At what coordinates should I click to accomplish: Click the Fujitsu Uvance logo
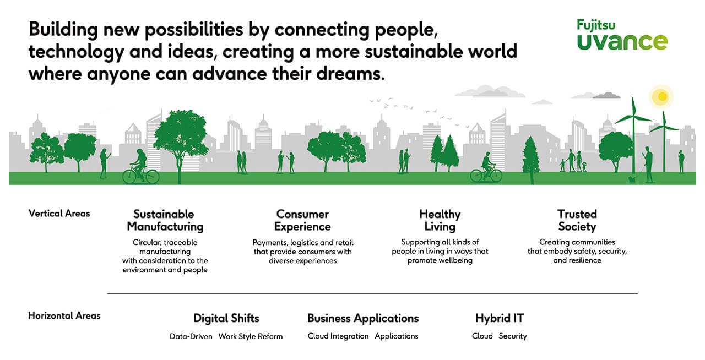point(622,35)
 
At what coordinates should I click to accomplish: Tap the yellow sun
point(662,96)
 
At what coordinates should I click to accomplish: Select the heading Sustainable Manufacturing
point(165,220)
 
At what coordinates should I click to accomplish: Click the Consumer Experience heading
point(302,220)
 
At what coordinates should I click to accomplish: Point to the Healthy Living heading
point(440,220)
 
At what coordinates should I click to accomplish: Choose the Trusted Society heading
point(577,220)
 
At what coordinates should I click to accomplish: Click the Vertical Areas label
point(59,214)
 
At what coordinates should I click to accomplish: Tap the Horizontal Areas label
point(64,315)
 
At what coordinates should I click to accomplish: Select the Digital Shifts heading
point(226,318)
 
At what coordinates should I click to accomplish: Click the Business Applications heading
point(363,319)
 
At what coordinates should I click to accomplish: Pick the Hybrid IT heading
point(500,318)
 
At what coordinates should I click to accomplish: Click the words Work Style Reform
point(251,336)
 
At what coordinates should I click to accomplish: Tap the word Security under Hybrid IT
point(513,336)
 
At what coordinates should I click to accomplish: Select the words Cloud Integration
point(338,336)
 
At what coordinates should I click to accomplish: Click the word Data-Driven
point(191,336)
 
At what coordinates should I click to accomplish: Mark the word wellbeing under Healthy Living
point(455,260)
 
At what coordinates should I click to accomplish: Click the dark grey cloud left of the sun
point(606,95)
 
